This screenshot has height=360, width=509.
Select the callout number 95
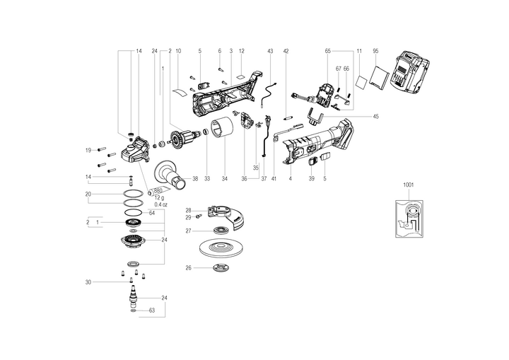point(376,51)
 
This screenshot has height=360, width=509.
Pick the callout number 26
point(188,267)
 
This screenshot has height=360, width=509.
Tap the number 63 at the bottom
point(151,310)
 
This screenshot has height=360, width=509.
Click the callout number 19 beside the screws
point(89,150)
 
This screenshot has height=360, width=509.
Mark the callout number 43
point(270,51)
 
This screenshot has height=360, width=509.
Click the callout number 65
point(328,51)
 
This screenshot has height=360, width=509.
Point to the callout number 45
point(375,117)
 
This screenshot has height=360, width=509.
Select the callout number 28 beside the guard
point(189,210)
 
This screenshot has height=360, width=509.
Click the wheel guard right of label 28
point(231,216)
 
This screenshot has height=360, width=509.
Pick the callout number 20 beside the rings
point(88,194)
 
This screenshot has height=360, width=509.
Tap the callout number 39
point(312,180)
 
